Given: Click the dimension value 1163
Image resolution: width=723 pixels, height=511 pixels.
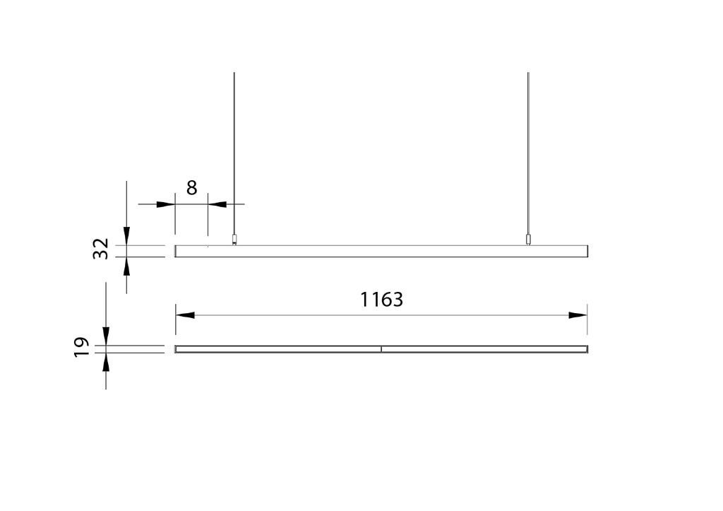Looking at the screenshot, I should (381, 300).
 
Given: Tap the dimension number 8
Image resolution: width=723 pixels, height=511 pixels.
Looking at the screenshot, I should (191, 188).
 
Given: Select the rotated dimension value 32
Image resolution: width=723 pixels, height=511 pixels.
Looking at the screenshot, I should (102, 249).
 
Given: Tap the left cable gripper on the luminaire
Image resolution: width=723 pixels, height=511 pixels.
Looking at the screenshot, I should (234, 240).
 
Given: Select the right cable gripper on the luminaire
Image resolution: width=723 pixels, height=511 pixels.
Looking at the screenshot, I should (528, 240).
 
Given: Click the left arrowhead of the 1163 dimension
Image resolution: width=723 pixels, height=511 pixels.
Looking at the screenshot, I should (185, 315).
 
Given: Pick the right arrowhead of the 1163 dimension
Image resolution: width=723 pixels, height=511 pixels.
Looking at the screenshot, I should (578, 315).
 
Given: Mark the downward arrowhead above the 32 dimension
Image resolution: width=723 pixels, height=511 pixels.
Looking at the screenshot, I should (126, 236).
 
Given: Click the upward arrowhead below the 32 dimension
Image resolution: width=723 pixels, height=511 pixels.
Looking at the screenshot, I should (126, 266).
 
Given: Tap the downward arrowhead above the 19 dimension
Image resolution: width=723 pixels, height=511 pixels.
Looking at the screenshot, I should (106, 336).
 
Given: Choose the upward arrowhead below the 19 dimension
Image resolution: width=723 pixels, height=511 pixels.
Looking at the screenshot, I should (106, 362).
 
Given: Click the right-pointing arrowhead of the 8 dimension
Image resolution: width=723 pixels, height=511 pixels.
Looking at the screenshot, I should (165, 204).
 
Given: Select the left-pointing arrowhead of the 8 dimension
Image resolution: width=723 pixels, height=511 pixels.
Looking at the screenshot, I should (217, 204).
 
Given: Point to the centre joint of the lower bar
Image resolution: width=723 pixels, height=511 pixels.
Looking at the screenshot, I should (381, 349).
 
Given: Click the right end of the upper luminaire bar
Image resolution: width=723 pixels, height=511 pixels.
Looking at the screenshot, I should (586, 251).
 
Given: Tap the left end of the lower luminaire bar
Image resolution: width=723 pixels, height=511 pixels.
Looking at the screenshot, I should (177, 349).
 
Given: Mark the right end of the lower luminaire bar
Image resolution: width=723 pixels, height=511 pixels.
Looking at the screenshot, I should (586, 349).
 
